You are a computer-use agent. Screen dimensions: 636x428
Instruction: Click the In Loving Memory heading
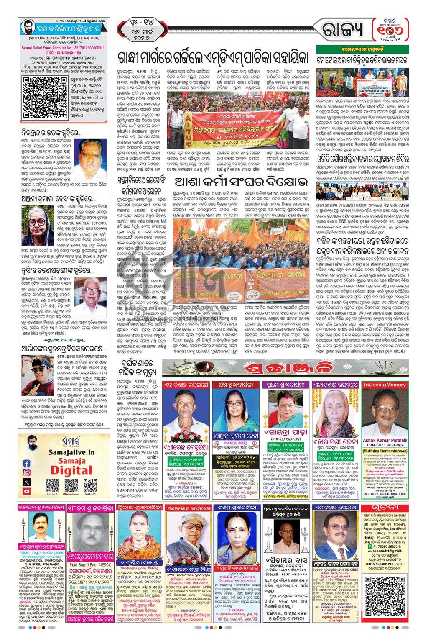click(x=385, y=384)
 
